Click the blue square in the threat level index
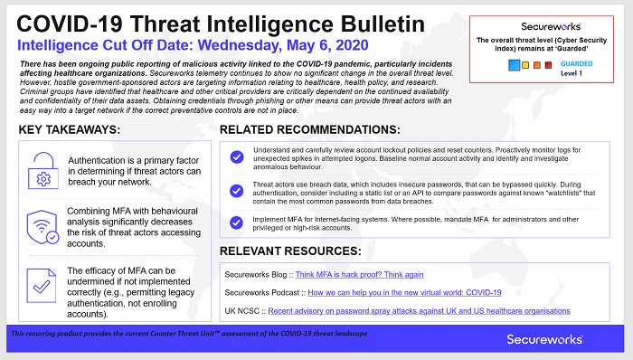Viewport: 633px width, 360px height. [512, 66]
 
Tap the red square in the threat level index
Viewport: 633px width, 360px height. [547, 66]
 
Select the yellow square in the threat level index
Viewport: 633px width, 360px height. [524, 66]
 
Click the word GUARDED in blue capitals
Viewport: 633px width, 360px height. [576, 63]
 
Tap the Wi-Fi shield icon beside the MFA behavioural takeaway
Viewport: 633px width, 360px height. [43, 225]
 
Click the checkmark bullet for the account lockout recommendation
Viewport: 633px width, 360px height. [237, 157]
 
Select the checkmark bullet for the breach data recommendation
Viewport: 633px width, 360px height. [237, 191]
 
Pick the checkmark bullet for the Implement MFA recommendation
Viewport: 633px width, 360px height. [237, 222]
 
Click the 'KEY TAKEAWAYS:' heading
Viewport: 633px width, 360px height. [81, 130]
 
